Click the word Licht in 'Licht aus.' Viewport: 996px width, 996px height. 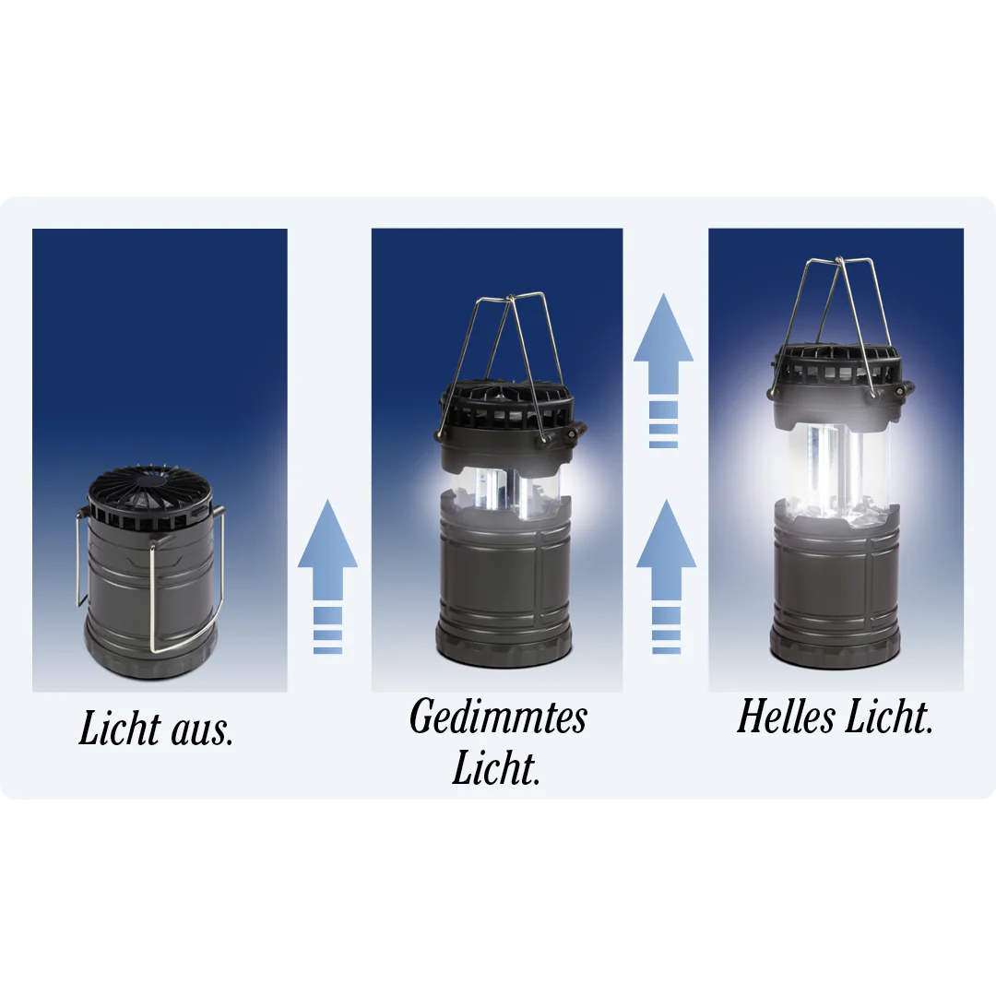120,728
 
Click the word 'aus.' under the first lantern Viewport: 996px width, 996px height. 203,731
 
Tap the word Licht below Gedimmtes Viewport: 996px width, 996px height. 496,767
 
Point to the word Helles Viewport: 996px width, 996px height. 786,717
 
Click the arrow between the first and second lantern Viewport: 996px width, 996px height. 327,576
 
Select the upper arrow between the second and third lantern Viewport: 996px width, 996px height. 663,371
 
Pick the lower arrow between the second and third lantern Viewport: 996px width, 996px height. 667,576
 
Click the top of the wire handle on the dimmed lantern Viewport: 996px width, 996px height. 510,297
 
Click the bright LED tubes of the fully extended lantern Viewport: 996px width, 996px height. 836,471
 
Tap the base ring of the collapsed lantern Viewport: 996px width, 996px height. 151,656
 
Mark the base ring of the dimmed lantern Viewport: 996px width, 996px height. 504,649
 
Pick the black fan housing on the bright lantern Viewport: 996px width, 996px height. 841,385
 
